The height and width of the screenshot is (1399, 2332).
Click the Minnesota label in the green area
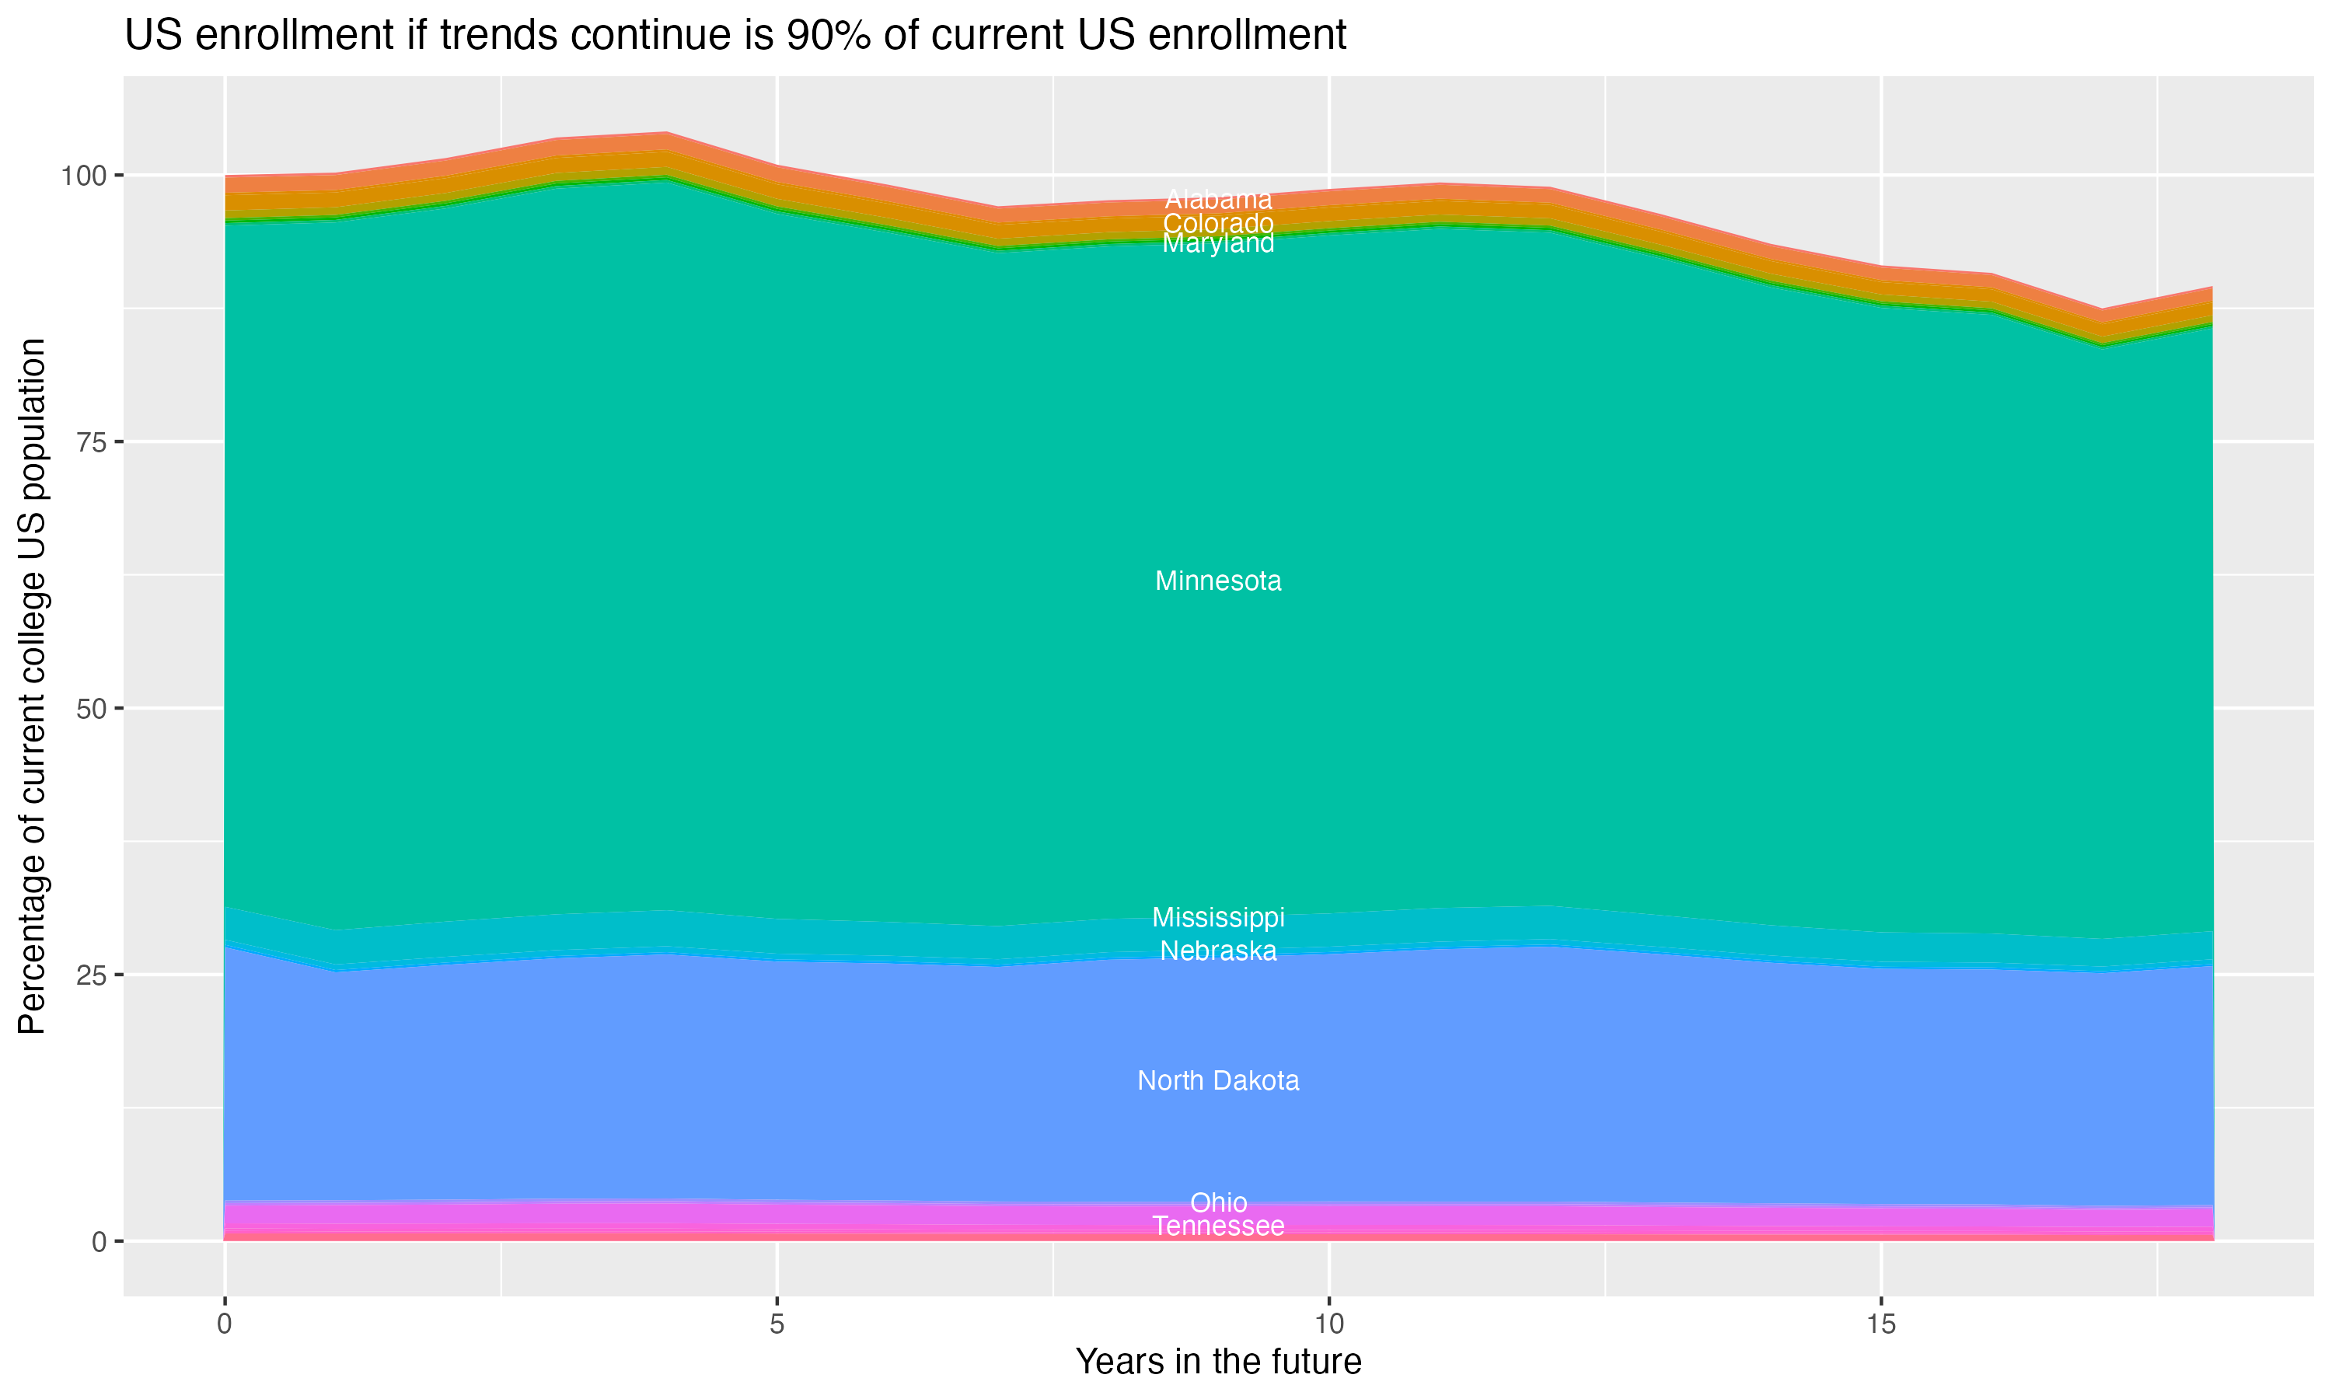click(1218, 581)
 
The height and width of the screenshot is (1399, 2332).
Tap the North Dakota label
click(1218, 1080)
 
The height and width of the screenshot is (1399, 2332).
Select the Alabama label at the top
click(1218, 200)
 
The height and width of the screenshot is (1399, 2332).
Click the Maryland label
click(1218, 244)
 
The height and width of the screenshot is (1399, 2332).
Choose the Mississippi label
click(1218, 917)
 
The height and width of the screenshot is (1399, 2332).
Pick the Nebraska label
click(1218, 951)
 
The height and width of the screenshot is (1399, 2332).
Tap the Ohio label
click(1218, 1203)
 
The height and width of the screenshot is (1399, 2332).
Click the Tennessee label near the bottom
click(1218, 1226)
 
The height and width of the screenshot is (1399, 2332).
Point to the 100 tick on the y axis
click(85, 176)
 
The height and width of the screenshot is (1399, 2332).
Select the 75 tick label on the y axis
click(93, 442)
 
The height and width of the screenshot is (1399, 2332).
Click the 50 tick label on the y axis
click(93, 709)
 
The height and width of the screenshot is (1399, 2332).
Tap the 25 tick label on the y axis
click(93, 975)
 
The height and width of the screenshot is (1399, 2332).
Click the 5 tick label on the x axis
click(777, 1324)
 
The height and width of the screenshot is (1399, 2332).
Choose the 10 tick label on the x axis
click(1328, 1324)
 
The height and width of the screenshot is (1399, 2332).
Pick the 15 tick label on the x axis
click(1880, 1324)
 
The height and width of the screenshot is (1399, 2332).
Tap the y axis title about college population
click(32, 686)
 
